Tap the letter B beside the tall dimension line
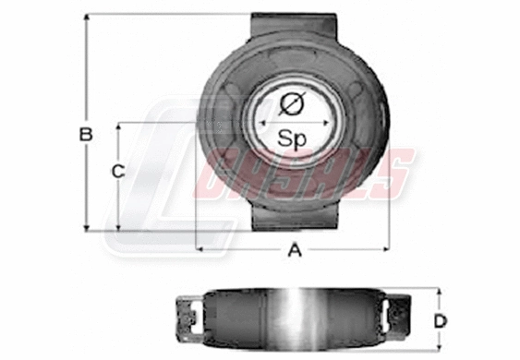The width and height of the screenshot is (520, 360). [86, 135]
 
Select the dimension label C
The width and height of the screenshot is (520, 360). [117, 171]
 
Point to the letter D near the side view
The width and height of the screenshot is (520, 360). [441, 321]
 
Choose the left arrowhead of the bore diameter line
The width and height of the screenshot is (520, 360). [261, 121]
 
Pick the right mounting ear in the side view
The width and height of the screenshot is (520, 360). [400, 313]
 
